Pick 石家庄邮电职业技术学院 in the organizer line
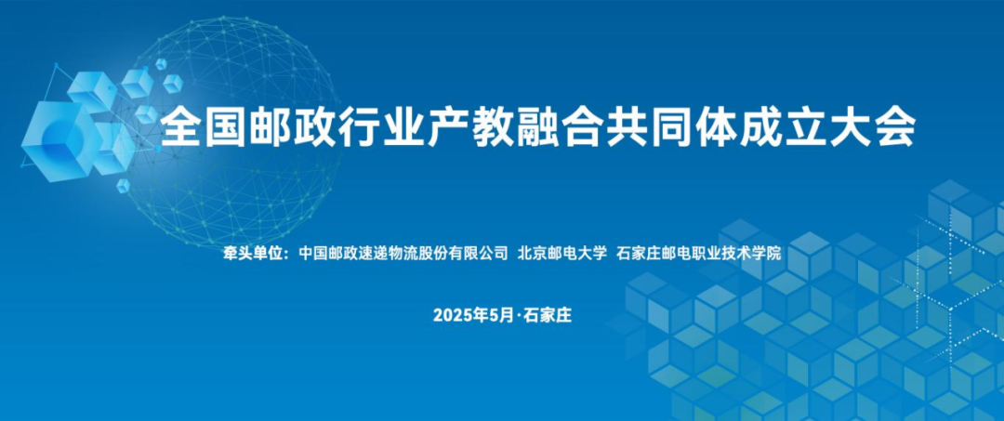coord(698,254)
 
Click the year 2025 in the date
coord(451,315)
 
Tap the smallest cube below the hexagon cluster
coord(123,186)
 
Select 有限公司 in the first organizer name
coord(478,254)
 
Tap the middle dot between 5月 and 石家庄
coord(519,315)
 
